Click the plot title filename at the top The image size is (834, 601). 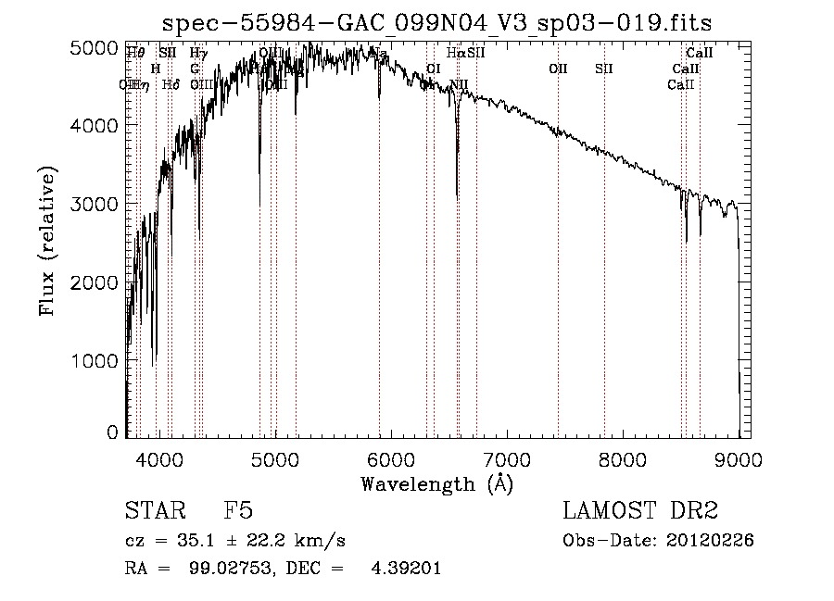437,22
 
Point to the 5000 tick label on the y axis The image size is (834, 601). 95,48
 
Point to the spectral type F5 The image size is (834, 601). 238,512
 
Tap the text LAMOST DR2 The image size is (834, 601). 640,512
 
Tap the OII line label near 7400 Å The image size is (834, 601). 558,69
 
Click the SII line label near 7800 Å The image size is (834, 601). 604,69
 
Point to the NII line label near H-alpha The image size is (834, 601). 459,84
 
